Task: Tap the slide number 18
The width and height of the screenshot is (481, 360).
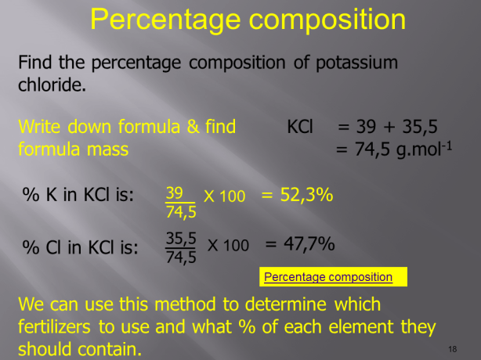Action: click(453, 348)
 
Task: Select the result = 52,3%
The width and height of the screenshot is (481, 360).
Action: click(297, 194)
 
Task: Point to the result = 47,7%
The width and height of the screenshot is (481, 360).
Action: click(299, 244)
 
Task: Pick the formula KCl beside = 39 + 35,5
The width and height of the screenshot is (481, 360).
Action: click(300, 126)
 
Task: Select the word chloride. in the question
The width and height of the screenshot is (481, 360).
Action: click(52, 84)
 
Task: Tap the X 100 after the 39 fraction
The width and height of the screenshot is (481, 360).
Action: click(225, 196)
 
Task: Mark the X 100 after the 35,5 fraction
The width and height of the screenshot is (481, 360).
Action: click(228, 245)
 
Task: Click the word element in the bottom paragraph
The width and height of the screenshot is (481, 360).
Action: click(360, 326)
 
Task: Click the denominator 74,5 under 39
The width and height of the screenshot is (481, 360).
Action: click(181, 211)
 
